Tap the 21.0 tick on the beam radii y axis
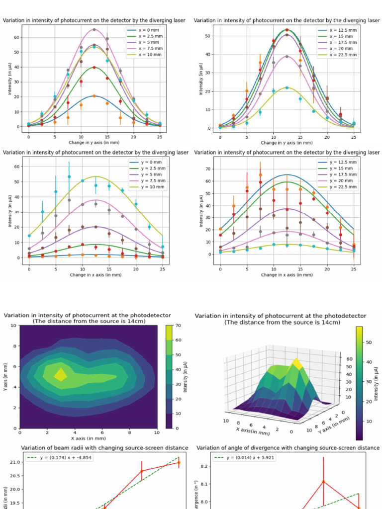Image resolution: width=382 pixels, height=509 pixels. click(x=14, y=462)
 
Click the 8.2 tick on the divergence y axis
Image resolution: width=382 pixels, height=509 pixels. click(x=205, y=466)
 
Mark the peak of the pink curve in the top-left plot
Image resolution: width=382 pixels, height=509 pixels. click(x=94, y=29)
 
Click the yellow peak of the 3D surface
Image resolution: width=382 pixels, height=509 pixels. click(x=297, y=362)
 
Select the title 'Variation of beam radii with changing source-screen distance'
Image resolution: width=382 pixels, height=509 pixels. click(x=104, y=448)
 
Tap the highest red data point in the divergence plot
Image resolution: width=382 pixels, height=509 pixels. click(x=323, y=481)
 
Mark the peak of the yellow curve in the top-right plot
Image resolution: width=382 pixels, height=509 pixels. click(x=287, y=87)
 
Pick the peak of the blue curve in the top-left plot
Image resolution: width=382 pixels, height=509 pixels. click(x=94, y=95)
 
